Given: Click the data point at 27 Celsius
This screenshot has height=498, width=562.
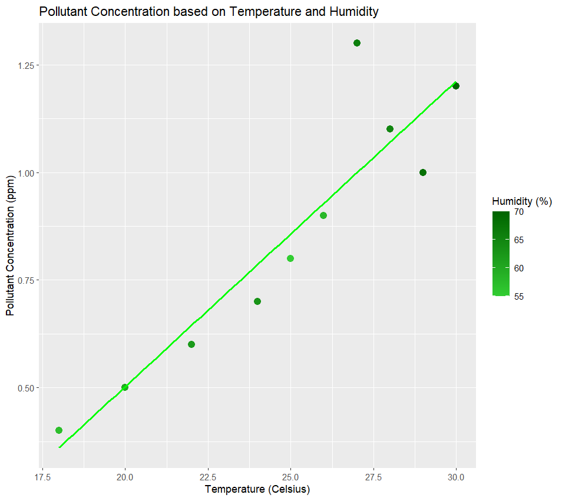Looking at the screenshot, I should coord(356,43).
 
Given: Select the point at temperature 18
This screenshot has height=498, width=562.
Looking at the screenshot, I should coord(59,430).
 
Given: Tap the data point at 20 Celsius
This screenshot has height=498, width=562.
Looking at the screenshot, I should coord(125,387).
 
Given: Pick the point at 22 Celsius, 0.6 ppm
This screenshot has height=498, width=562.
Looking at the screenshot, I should coord(191,344).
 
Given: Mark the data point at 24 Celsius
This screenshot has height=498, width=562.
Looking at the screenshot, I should coord(257,301).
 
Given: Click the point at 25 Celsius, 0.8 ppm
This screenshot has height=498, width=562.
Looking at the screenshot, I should coord(290,258).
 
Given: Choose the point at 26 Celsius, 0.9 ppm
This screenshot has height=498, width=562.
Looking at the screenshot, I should coord(323,215).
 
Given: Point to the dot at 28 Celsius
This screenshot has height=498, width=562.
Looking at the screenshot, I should coord(389,129).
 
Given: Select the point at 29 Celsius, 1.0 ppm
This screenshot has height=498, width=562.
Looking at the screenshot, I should coord(422,172).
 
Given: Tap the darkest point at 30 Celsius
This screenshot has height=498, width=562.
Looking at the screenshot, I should coord(455,86).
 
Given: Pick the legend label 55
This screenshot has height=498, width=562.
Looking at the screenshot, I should coord(518,296).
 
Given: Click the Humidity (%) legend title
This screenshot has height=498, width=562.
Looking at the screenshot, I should coord(522,201).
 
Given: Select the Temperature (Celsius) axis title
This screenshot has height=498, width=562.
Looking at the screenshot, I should coord(257,489).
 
